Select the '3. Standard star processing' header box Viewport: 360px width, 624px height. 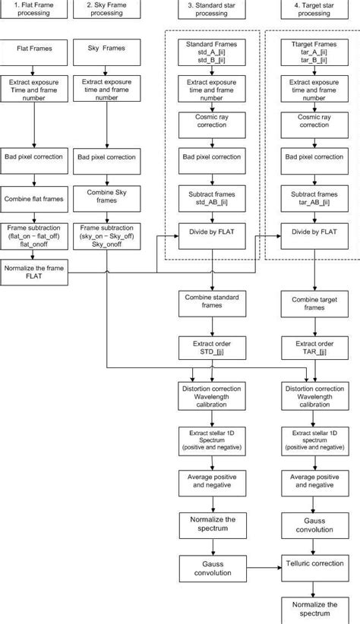click(x=212, y=8)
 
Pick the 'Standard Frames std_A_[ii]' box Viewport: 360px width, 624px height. click(x=212, y=51)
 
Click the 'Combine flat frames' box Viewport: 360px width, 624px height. click(x=35, y=198)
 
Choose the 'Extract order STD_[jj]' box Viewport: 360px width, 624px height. click(x=212, y=348)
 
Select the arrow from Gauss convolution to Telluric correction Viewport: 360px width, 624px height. click(x=262, y=566)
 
